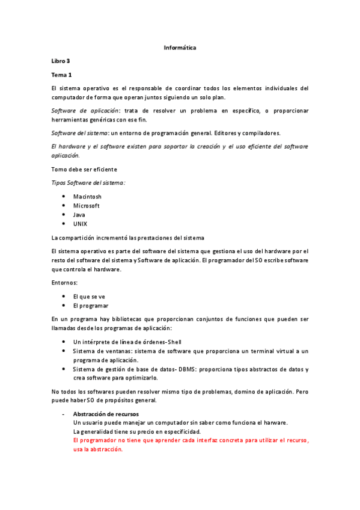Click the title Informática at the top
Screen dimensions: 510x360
tap(180, 47)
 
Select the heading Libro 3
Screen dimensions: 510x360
tap(61, 61)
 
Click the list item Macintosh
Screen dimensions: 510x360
tap(87, 197)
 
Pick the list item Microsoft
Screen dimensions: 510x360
tap(87, 206)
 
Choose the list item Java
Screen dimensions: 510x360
tap(79, 215)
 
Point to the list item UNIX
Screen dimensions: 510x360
tap(80, 224)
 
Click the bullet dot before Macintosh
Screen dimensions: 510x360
tap(64, 197)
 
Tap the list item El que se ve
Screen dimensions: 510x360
tap(89, 296)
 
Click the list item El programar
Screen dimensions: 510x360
tap(91, 306)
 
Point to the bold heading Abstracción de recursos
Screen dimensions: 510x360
tap(106, 414)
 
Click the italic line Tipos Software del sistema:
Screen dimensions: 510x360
tap(88, 182)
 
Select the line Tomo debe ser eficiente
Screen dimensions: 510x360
tap(84, 170)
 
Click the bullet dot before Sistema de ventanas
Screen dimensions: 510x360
tap(64, 351)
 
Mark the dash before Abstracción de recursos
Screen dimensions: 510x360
tap(63, 414)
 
